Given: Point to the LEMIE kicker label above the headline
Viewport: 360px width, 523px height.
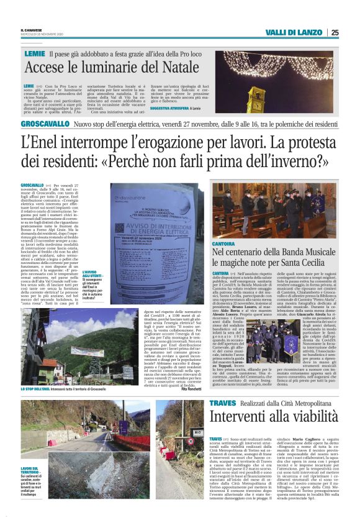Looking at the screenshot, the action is tap(35, 54).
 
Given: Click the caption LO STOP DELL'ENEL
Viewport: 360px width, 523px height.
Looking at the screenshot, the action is tap(39, 389).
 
